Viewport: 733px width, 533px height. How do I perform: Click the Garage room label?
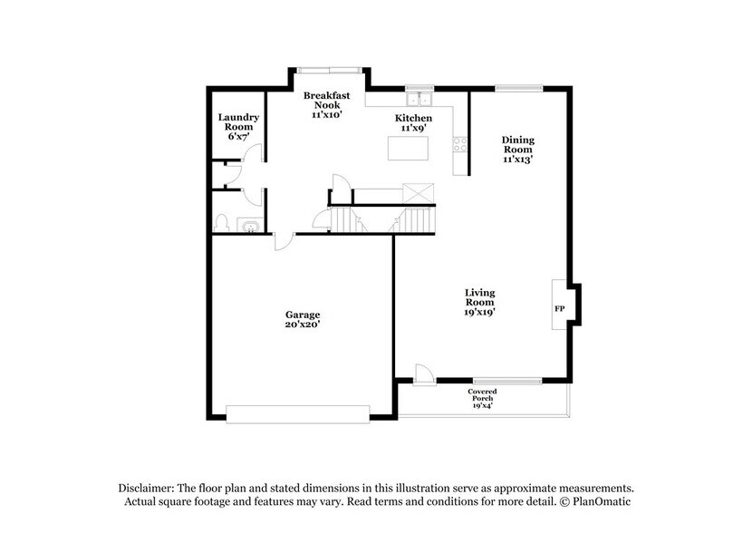pyautogui.click(x=304, y=315)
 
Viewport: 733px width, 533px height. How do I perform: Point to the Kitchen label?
pyautogui.click(x=412, y=119)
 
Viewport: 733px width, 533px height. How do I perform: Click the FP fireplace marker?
pyautogui.click(x=559, y=309)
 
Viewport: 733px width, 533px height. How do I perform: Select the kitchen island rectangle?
pyautogui.click(x=408, y=148)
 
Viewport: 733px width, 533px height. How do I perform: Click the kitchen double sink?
pyautogui.click(x=419, y=100)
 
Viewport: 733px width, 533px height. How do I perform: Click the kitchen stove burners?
pyautogui.click(x=460, y=141)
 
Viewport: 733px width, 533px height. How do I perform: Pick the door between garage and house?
pyautogui.click(x=284, y=239)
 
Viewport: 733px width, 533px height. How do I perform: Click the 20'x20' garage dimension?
pyautogui.click(x=304, y=324)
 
